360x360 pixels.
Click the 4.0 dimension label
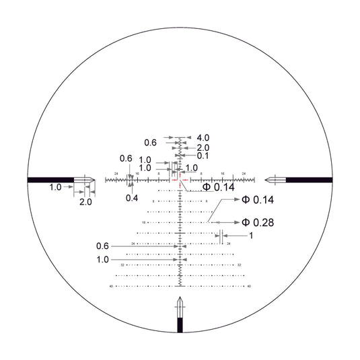pyautogui.click(x=203, y=137)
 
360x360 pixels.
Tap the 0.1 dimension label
pyautogui.click(x=203, y=155)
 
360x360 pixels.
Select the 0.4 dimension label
pyautogui.click(x=131, y=198)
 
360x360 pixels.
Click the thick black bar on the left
pyautogui.click(x=51, y=180)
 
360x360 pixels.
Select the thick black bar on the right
pyautogui.click(x=309, y=180)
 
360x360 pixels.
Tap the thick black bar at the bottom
pyautogui.click(x=180, y=325)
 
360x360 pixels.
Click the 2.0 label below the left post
pyautogui.click(x=85, y=202)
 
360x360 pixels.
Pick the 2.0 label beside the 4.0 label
pyautogui.click(x=203, y=147)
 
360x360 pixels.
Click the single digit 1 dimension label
pyautogui.click(x=250, y=236)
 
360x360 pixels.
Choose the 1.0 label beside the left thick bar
pyautogui.click(x=55, y=187)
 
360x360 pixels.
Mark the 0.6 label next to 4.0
pyautogui.click(x=150, y=142)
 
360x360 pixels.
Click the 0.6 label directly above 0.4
pyautogui.click(x=126, y=158)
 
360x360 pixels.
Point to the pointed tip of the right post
pyautogui.click(x=267, y=180)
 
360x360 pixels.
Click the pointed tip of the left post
pyautogui.click(x=94, y=180)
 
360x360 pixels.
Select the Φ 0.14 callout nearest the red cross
pyautogui.click(x=219, y=186)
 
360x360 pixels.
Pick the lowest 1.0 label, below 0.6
pyautogui.click(x=102, y=259)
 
